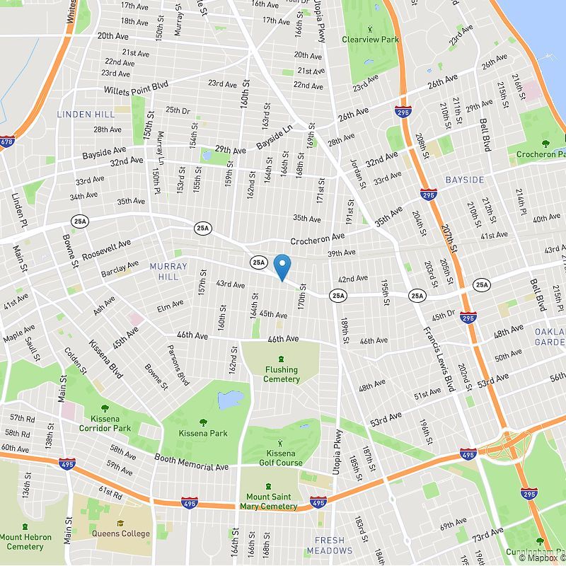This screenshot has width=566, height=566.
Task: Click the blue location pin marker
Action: (282, 267)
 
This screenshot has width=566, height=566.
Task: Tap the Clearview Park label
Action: (370, 40)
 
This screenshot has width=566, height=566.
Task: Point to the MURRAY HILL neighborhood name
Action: (169, 271)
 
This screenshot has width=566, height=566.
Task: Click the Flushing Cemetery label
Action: (282, 374)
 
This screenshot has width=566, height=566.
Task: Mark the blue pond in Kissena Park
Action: (230, 400)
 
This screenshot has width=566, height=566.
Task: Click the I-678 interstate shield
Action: (7, 142)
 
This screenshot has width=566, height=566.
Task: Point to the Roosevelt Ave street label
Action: (106, 250)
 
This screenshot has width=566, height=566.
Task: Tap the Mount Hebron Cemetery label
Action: (25, 542)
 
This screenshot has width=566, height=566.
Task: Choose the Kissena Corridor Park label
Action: (105, 423)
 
